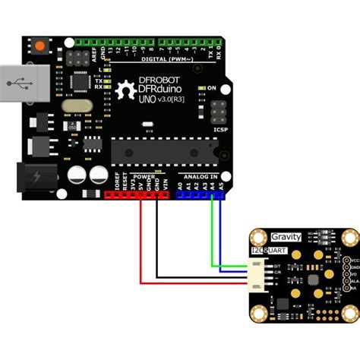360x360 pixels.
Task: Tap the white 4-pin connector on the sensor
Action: pos(254,273)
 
